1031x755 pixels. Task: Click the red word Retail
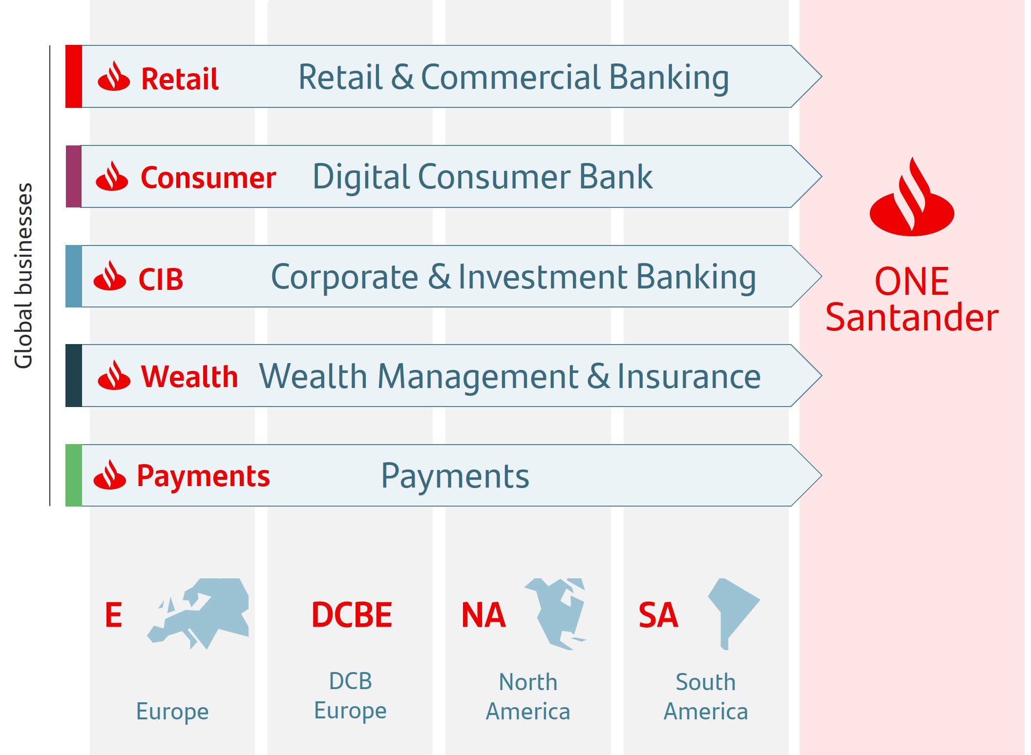coord(179,79)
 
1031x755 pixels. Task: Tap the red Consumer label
coord(208,178)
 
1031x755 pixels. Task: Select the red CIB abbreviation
coord(161,280)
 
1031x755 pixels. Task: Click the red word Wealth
coord(189,377)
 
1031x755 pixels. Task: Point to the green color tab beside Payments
coord(74,475)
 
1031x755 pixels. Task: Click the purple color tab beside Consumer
coord(74,177)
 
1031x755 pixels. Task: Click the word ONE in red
coord(911,282)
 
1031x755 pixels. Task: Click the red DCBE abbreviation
coord(352,615)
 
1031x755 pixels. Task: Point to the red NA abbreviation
coord(483,615)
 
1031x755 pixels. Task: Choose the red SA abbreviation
coord(658,615)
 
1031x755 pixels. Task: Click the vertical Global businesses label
coord(23,276)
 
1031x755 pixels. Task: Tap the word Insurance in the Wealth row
coord(689,377)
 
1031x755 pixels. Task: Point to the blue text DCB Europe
coord(350,695)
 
